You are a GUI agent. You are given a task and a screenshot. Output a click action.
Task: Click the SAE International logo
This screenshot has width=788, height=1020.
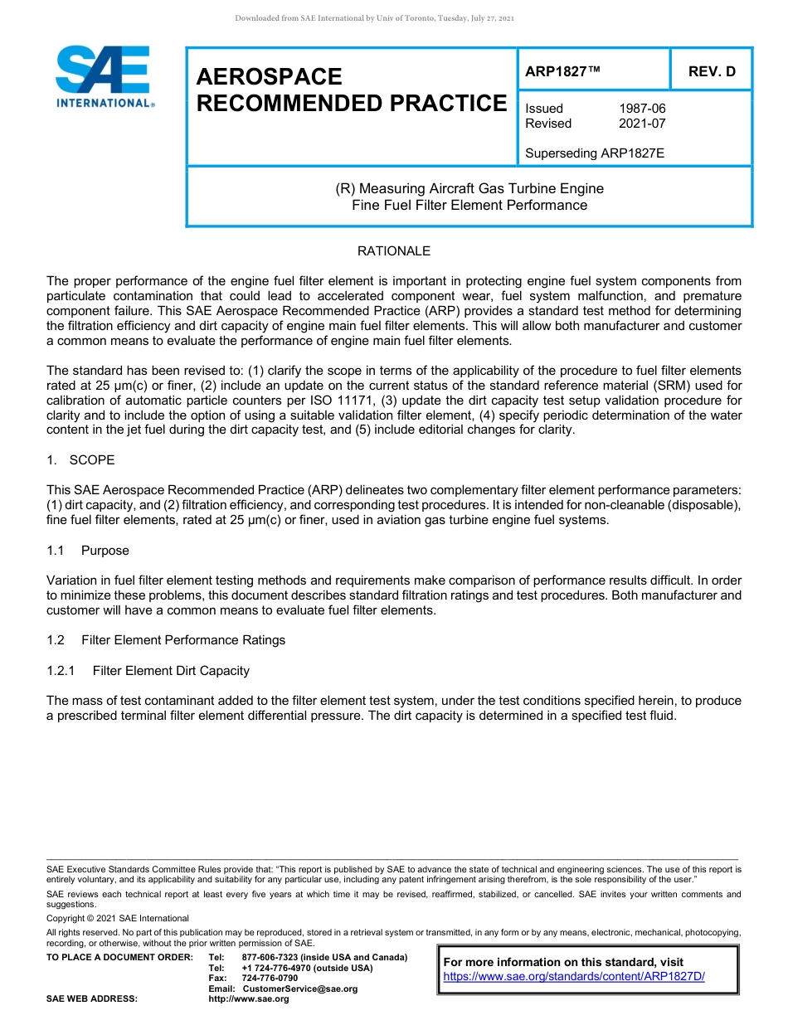point(104,75)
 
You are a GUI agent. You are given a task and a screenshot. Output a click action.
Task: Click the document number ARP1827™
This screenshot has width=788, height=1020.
point(562,71)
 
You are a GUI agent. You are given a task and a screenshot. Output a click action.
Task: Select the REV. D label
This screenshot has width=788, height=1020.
point(712,71)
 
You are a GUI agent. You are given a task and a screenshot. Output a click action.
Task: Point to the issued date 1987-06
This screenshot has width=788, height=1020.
point(642,109)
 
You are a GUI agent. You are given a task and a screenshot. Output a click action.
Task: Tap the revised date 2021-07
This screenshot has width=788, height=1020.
point(642,124)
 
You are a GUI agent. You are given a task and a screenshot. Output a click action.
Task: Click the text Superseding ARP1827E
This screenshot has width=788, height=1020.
point(595,153)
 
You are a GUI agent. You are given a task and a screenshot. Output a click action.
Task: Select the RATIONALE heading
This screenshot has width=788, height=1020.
point(394,251)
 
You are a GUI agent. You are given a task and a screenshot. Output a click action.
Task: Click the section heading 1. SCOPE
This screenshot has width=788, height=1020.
point(80,460)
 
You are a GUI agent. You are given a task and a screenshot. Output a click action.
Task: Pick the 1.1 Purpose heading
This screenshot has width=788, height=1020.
point(89,551)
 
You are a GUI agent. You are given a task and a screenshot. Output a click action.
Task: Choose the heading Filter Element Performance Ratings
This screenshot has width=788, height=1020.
point(182,640)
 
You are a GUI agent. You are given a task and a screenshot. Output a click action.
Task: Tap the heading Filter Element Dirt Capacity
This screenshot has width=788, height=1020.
point(171,671)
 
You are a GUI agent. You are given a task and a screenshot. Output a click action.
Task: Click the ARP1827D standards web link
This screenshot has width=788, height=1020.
point(574,977)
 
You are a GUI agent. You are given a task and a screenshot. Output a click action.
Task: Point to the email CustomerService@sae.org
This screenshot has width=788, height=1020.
point(299,989)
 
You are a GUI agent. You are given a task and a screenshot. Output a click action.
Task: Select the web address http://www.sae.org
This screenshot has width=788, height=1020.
point(249,999)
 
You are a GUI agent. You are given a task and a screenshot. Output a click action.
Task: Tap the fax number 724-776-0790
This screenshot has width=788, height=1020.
point(270,979)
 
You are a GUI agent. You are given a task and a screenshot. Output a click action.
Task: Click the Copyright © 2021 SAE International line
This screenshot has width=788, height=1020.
point(118,919)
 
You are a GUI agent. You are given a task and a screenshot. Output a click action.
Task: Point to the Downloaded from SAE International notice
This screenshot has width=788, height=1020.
point(375,18)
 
